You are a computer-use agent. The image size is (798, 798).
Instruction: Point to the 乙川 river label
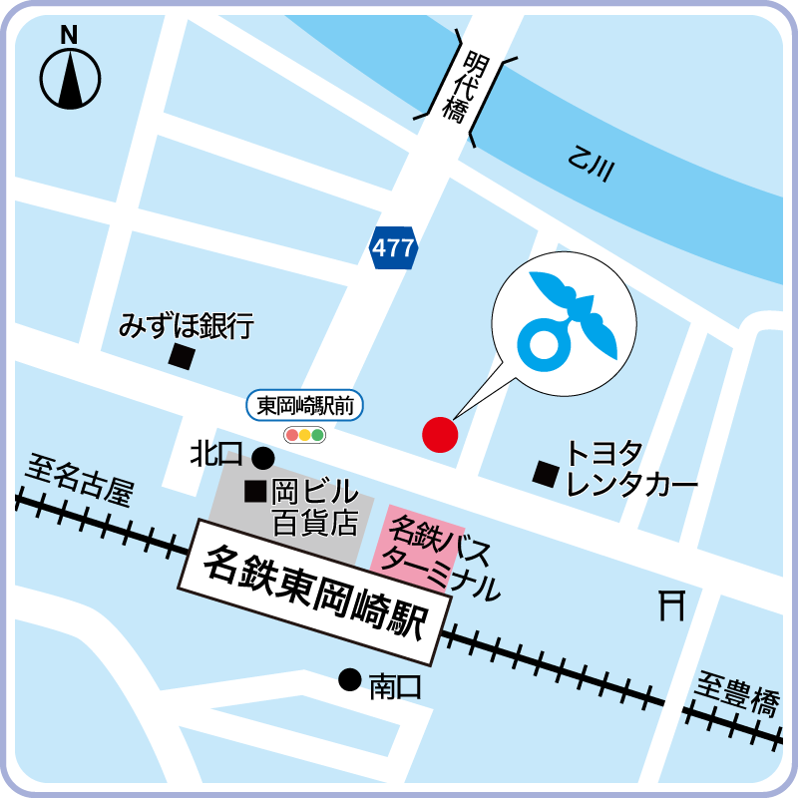tap(589, 166)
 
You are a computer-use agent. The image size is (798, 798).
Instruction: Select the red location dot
tap(440, 434)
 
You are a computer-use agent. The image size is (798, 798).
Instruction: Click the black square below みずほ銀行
tap(181, 357)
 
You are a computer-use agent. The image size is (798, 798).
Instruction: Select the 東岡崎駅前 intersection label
tap(305, 406)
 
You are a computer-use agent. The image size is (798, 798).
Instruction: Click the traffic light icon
tap(305, 435)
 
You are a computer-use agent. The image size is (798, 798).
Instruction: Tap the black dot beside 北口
tap(262, 458)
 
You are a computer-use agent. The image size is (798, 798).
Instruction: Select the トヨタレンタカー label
tap(628, 470)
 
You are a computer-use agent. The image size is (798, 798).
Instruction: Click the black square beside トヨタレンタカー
tap(545, 473)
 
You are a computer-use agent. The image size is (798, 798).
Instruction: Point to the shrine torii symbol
tap(671, 604)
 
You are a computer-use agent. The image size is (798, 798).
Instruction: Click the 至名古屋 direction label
tap(80, 478)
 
